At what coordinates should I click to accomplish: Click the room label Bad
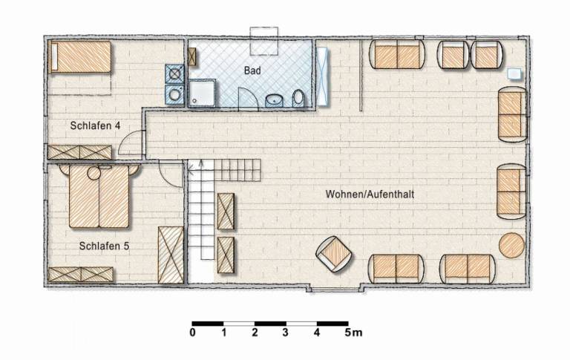tap(252, 71)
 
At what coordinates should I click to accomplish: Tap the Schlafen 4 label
tap(95, 126)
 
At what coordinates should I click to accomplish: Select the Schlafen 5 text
tap(104, 246)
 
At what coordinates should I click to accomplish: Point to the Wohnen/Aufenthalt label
tap(370, 194)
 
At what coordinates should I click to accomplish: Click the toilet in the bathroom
tap(298, 98)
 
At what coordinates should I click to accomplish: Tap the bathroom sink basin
tap(275, 99)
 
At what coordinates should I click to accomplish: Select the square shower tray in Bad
tap(202, 93)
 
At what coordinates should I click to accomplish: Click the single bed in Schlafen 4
tap(80, 56)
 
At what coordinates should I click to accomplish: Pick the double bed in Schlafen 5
tap(99, 197)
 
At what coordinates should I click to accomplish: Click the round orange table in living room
tap(511, 246)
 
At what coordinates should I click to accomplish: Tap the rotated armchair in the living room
tap(334, 254)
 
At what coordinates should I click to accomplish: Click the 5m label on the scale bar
tap(353, 333)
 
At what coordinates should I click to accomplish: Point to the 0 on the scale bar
tap(193, 333)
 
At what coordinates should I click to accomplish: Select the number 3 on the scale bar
tap(285, 333)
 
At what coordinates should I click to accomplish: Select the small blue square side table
tap(514, 73)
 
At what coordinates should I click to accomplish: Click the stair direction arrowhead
tap(200, 164)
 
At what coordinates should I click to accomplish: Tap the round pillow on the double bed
tap(94, 174)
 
